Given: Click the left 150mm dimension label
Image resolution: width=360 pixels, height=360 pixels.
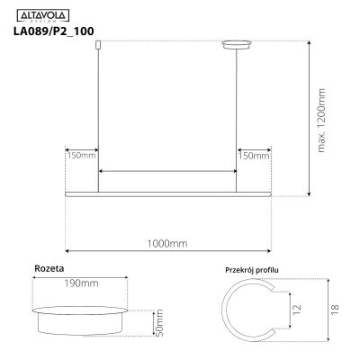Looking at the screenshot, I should tap(81, 156).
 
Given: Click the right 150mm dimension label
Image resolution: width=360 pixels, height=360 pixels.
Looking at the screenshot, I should tap(253, 156).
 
